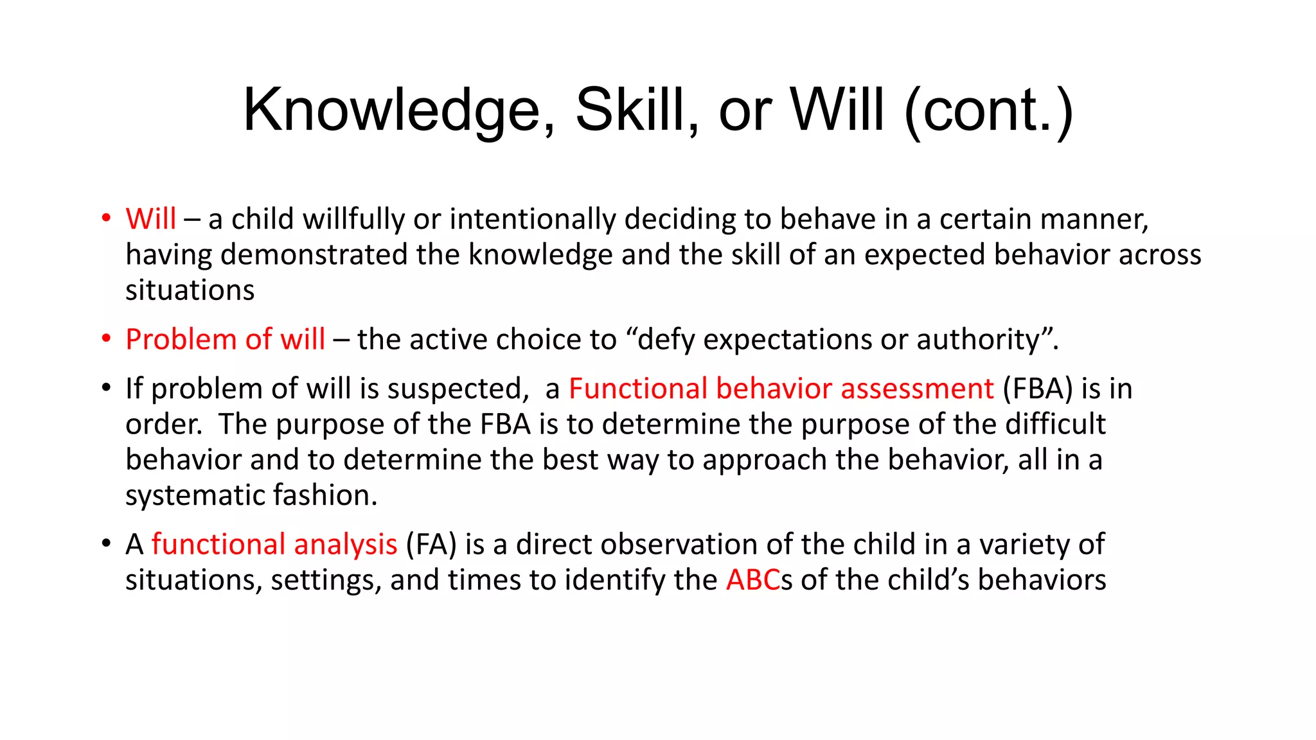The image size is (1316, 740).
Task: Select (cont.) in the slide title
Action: (x=988, y=110)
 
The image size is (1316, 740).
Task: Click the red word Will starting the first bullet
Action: (x=150, y=219)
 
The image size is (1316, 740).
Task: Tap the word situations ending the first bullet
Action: (x=190, y=290)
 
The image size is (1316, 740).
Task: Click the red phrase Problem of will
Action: (x=225, y=339)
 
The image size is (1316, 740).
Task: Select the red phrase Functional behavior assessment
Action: (x=781, y=389)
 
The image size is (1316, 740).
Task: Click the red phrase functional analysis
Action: (x=274, y=545)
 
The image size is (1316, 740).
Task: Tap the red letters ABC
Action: (x=753, y=580)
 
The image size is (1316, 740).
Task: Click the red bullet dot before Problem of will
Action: (x=106, y=339)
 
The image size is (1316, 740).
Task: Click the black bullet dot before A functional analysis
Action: (x=106, y=543)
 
